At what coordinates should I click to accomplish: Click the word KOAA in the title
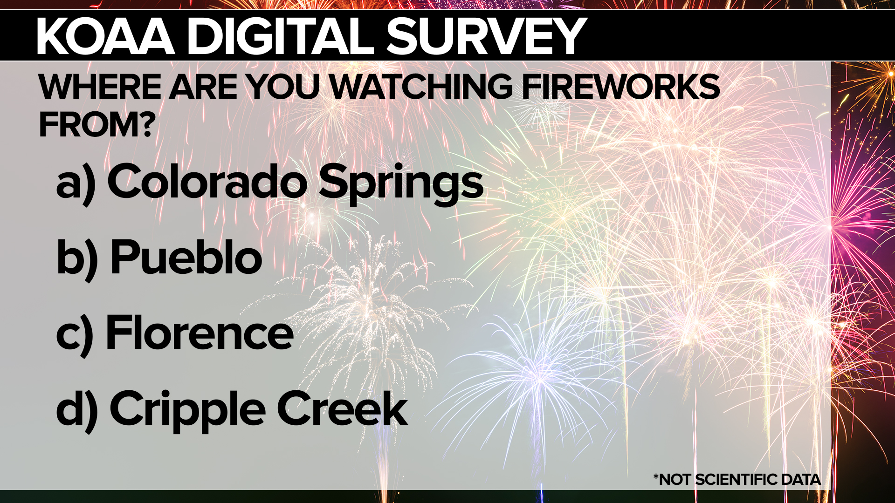pyautogui.click(x=105, y=36)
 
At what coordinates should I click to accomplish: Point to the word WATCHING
pyautogui.click(x=421, y=87)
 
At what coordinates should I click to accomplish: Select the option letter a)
pyautogui.click(x=76, y=184)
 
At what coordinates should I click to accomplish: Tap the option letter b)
pyautogui.click(x=77, y=258)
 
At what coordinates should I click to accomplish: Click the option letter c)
pyautogui.click(x=75, y=335)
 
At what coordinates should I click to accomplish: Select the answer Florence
pyautogui.click(x=200, y=333)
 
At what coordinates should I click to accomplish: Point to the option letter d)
pyautogui.click(x=77, y=410)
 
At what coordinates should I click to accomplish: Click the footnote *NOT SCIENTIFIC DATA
pyautogui.click(x=737, y=479)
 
